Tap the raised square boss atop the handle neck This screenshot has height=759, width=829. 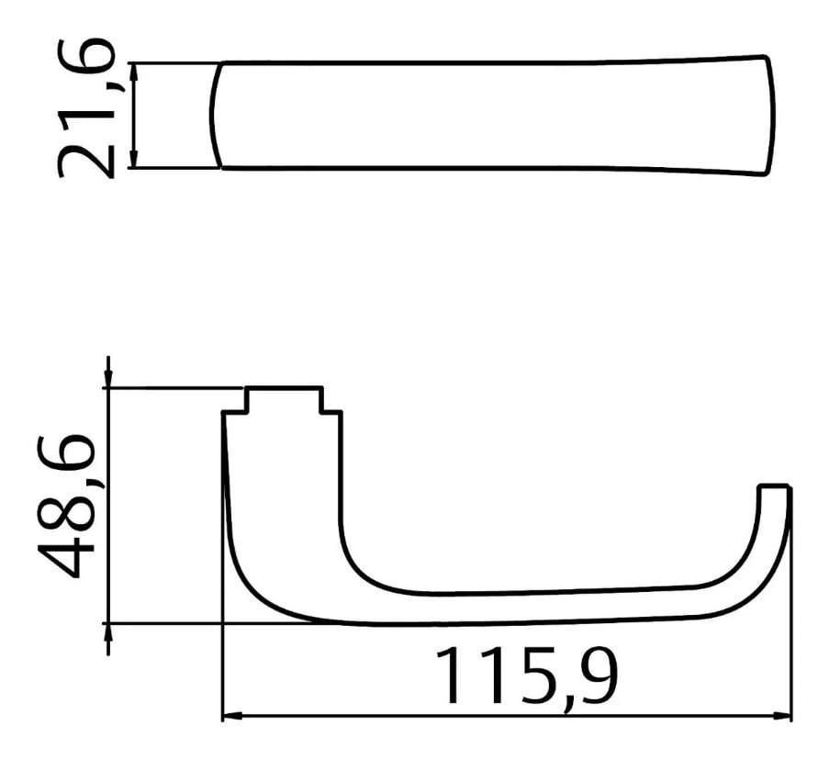284,400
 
